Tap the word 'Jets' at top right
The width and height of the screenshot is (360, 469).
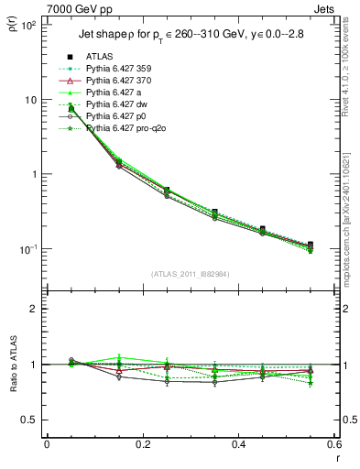click(325, 8)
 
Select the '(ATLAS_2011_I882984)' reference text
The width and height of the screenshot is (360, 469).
click(190, 274)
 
